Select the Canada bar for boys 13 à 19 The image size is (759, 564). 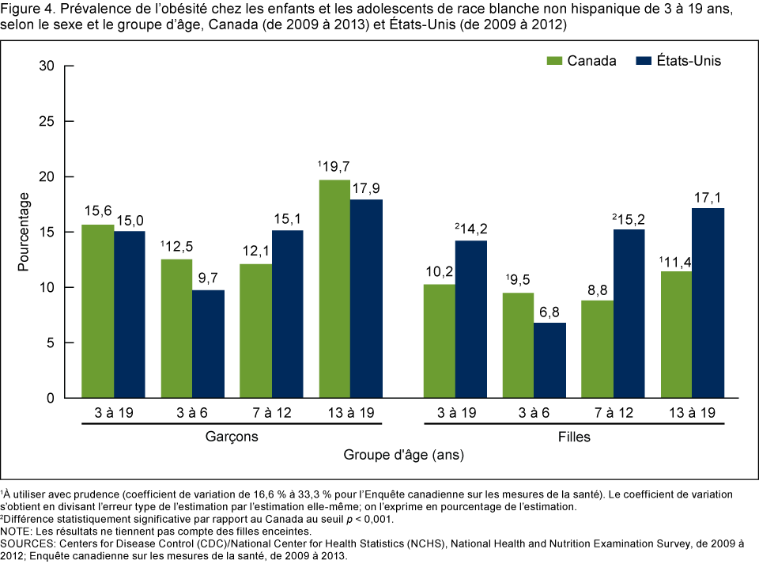point(335,289)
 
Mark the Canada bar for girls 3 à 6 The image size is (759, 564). point(519,345)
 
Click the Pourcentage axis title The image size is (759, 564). point(25,232)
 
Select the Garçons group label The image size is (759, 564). point(232,436)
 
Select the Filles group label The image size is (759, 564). point(575,436)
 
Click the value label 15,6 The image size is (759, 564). point(98,213)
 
